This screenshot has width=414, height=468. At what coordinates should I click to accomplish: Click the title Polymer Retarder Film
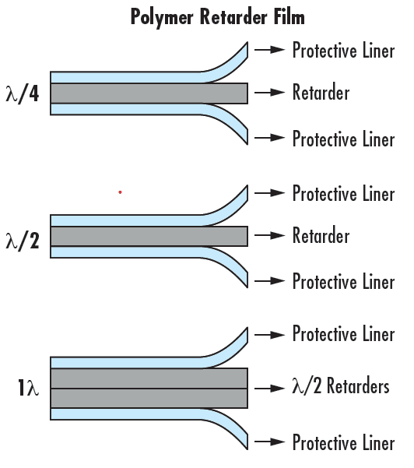pos(217,16)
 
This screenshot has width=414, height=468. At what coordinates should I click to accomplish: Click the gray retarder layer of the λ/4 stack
pos(148,93)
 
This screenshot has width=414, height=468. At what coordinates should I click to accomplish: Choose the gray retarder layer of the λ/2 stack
pos(148,236)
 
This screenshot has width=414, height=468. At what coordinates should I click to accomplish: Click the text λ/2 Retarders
pos(341,386)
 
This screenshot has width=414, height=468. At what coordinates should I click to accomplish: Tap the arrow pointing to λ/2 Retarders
pos(271,387)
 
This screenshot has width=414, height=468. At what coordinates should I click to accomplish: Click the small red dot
pos(120,192)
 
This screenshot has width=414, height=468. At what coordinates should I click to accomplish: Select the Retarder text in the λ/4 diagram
pos(321,93)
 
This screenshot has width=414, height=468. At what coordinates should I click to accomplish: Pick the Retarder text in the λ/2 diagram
pos(321,235)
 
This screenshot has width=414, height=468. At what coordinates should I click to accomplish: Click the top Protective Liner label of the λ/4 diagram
pos(343,51)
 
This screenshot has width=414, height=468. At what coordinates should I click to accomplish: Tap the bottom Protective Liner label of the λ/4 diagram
pos(343,139)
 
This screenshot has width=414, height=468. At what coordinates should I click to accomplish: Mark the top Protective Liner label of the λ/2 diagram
pos(343,193)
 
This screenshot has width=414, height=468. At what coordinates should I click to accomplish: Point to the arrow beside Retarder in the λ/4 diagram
pos(271,93)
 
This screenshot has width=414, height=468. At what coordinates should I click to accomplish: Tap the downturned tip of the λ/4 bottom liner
pos(244,137)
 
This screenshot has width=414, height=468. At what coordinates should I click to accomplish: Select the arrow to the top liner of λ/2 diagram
pos(271,192)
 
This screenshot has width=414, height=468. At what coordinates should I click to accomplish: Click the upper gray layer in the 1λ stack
pos(148,378)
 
